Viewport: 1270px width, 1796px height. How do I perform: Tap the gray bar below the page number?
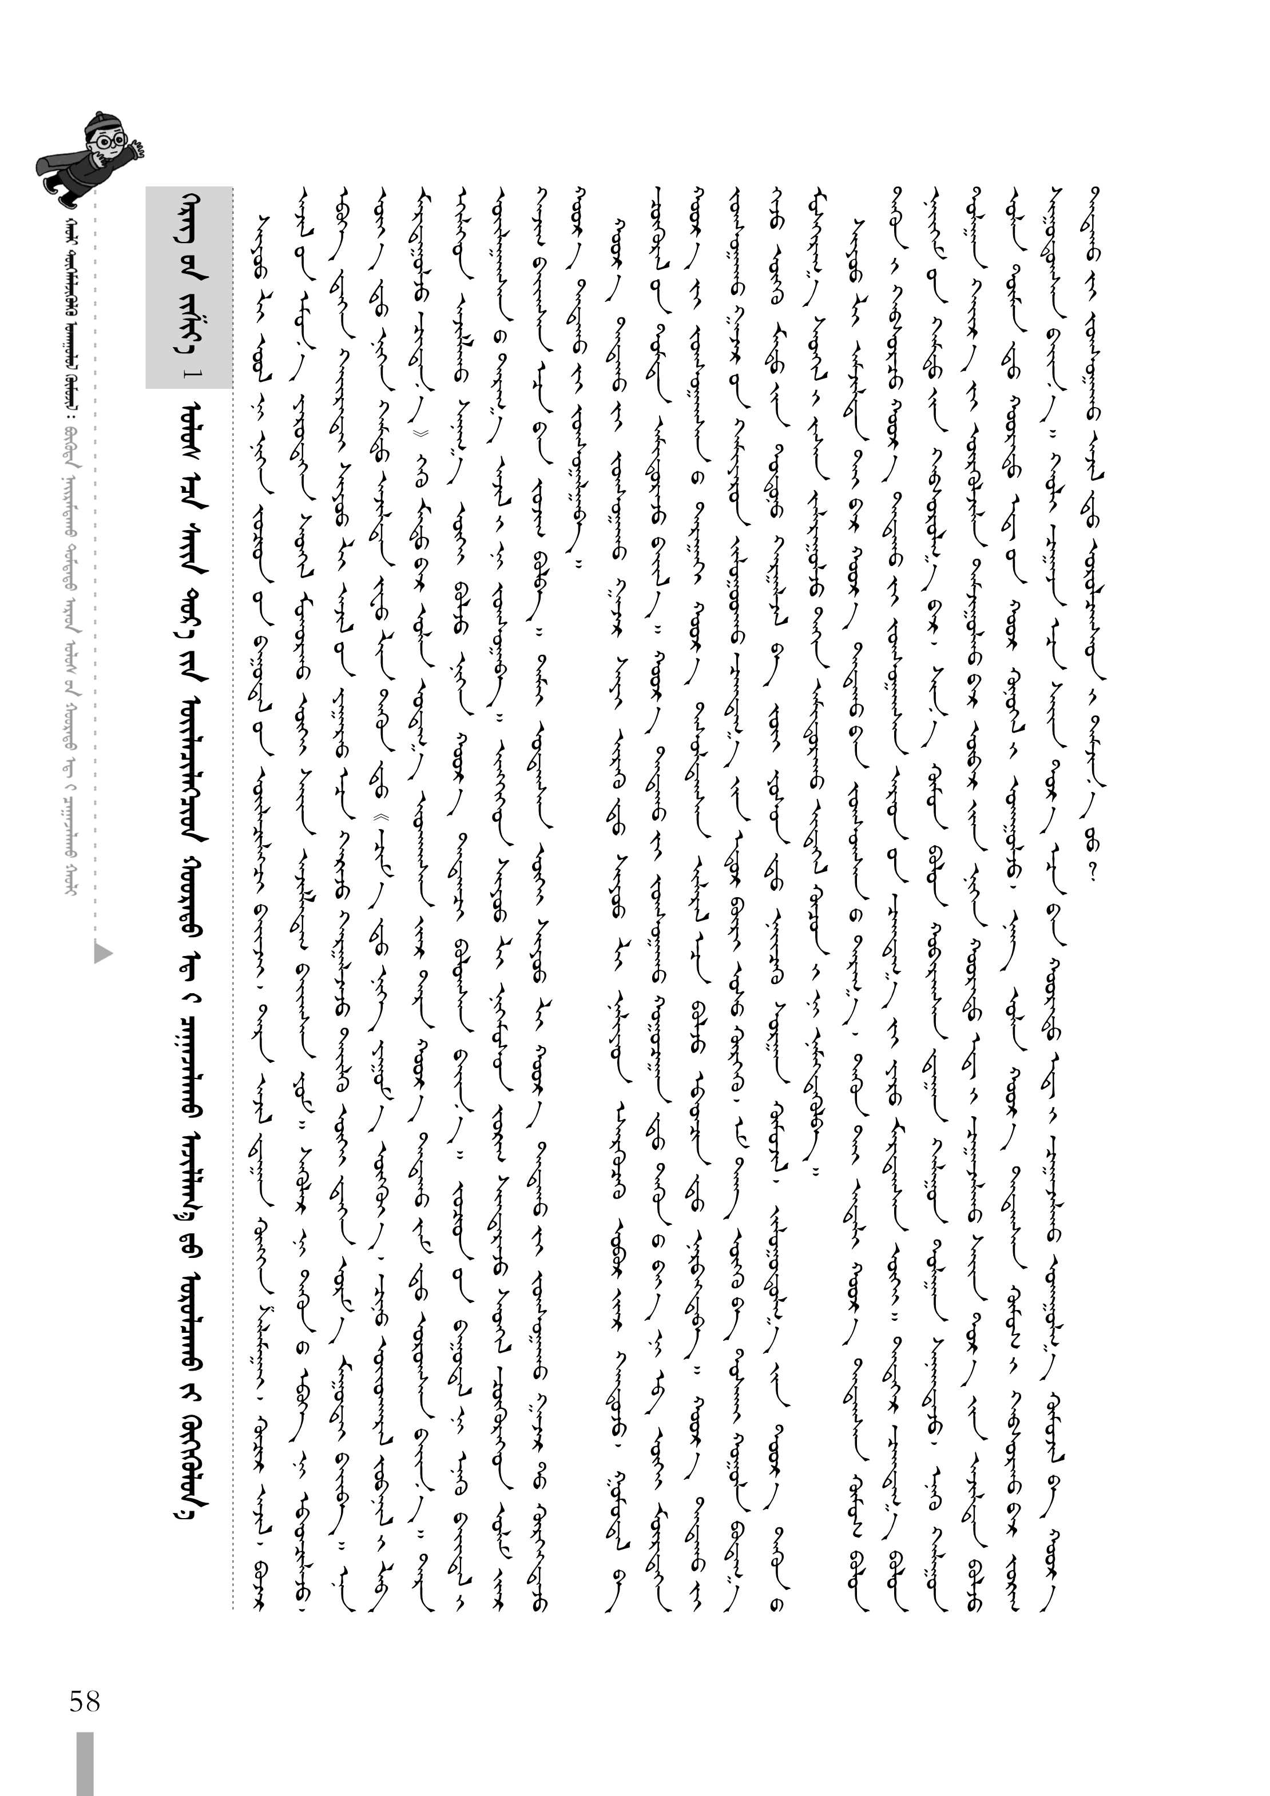(85, 1763)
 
